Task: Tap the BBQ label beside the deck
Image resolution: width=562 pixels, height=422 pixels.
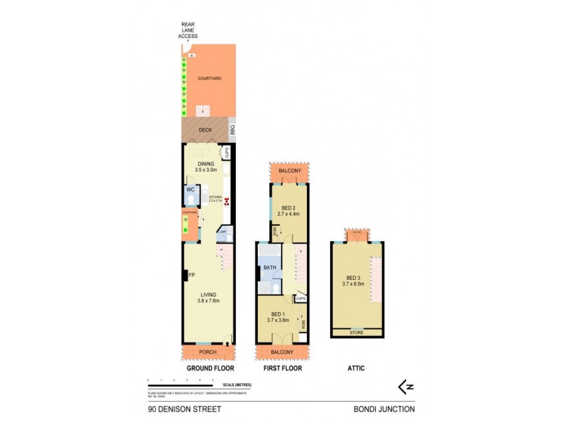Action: (x=233, y=129)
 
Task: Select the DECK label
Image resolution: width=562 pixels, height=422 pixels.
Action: (x=205, y=130)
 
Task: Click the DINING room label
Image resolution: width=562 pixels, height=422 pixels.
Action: (x=205, y=164)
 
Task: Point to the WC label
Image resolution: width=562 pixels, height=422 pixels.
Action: (x=190, y=190)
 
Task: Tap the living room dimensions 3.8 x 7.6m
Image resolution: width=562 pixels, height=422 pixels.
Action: (x=208, y=301)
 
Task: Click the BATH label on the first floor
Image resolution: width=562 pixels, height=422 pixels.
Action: (x=270, y=268)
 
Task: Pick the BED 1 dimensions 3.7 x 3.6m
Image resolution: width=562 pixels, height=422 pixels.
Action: (x=278, y=320)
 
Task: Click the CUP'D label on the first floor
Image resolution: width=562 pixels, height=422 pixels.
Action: (x=301, y=298)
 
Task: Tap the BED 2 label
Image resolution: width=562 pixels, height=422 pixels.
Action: (x=287, y=207)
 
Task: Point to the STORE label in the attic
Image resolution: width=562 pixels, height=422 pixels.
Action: (x=357, y=332)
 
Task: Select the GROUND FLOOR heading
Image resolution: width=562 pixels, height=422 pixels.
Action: (x=209, y=369)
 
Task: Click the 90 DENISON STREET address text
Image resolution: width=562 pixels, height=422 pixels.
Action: (x=175, y=409)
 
